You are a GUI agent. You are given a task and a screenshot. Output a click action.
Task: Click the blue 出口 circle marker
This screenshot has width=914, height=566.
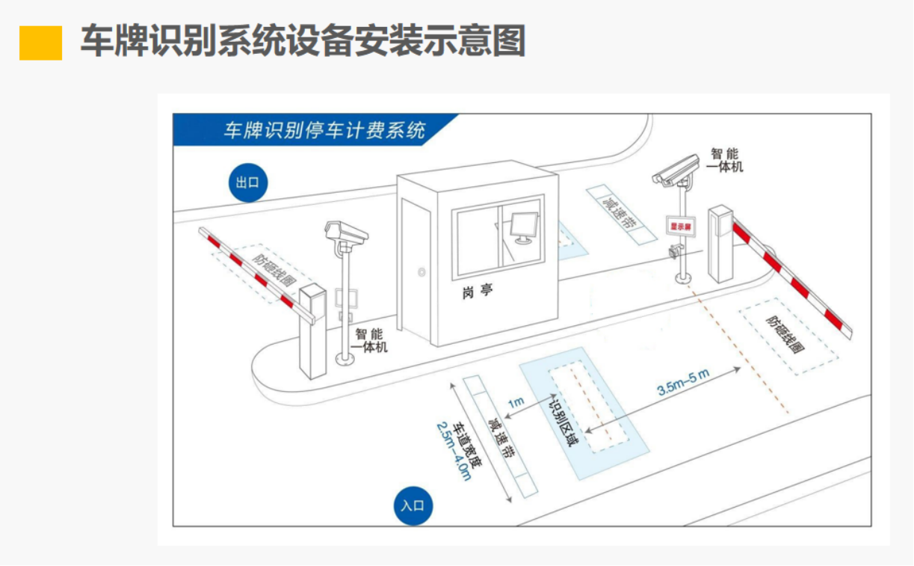[x=247, y=182]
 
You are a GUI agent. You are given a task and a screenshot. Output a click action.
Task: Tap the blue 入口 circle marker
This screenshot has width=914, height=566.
[x=413, y=506]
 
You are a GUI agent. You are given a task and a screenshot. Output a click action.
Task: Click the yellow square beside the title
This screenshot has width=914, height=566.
[x=40, y=43]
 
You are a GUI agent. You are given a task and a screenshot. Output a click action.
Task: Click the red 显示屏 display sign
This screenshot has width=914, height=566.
[x=681, y=224]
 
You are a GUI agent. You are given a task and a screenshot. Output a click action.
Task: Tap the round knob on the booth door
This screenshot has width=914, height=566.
[x=422, y=273]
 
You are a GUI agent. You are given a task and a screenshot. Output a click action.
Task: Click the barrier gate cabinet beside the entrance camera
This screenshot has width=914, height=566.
[x=720, y=243]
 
